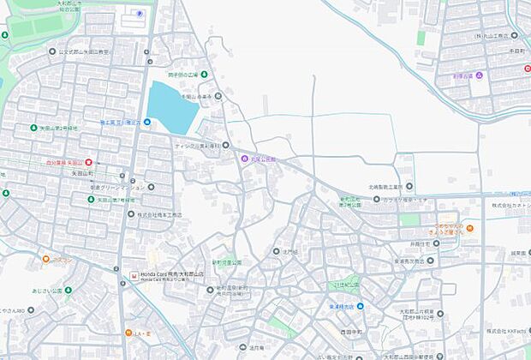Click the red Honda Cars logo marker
click(x=133, y=275)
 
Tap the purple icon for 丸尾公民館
click(x=244, y=159)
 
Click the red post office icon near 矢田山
click(x=88, y=161)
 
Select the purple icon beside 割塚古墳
click(x=480, y=76)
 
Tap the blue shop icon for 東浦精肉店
click(x=361, y=306)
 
